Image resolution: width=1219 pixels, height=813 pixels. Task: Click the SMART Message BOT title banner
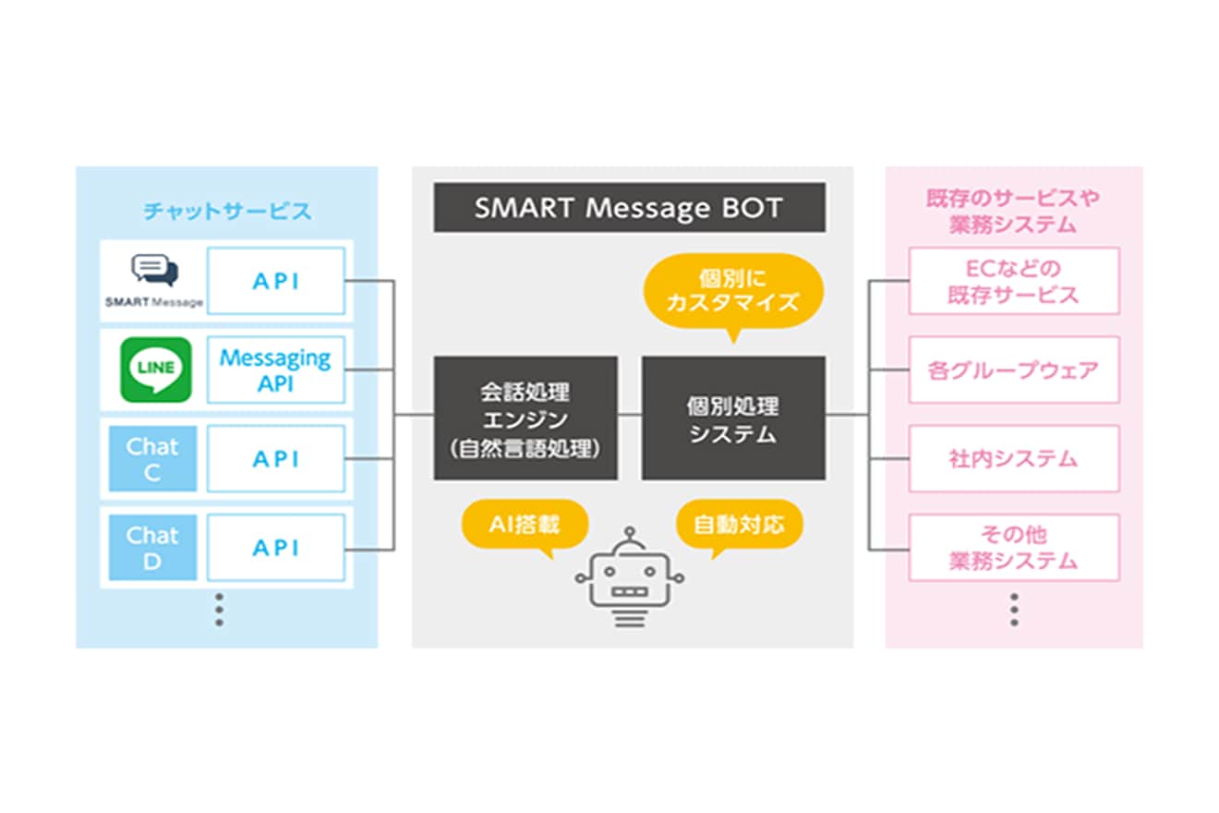pos(630,208)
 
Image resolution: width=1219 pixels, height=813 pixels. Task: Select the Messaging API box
pos(276,370)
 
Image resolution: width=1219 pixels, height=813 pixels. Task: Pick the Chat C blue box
pos(153,458)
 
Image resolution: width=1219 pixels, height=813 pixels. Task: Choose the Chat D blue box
pos(153,547)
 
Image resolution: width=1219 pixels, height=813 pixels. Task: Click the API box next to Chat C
pos(276,458)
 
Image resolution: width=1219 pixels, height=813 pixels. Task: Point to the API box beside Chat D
pos(276,547)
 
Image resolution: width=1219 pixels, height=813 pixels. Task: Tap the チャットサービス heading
pos(227,212)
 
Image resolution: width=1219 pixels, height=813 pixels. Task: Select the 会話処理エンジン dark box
pos(525,418)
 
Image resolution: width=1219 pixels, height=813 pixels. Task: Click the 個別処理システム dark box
pos(733,418)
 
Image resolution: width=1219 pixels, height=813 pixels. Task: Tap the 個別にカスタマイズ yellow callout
pos(733,290)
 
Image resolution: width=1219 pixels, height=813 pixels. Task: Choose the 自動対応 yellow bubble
pos(739,526)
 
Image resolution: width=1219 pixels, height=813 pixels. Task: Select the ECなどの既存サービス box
pos(1014,281)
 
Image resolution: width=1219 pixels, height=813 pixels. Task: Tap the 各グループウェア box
pos(1014,370)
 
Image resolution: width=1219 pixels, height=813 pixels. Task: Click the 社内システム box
pos(1014,458)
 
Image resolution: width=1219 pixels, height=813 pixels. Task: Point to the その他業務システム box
pos(1014,547)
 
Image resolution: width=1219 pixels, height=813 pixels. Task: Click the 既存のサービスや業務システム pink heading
pos(1013,211)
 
